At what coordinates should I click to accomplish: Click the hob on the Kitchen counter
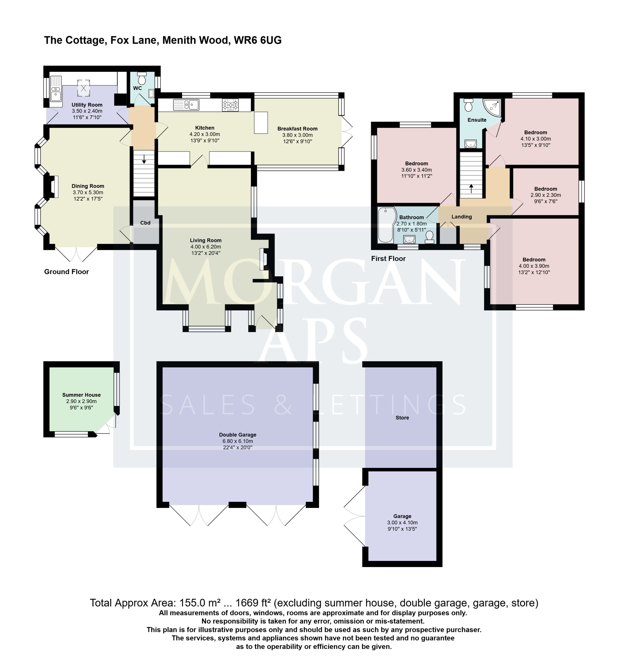click(x=230, y=105)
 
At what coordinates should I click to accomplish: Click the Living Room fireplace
click(x=264, y=259)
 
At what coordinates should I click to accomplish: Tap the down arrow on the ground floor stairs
click(x=144, y=159)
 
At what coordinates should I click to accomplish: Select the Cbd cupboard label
click(x=145, y=223)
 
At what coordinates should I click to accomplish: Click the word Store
click(x=402, y=418)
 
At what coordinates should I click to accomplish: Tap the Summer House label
click(x=82, y=395)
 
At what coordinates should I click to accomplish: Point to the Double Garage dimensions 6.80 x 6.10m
click(x=238, y=441)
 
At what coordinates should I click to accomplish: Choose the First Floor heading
click(x=388, y=258)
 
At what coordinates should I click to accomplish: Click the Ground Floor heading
click(x=66, y=272)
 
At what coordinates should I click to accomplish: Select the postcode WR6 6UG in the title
click(x=258, y=40)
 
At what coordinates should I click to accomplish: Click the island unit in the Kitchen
click(x=261, y=123)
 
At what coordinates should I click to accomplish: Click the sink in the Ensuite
click(x=471, y=144)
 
